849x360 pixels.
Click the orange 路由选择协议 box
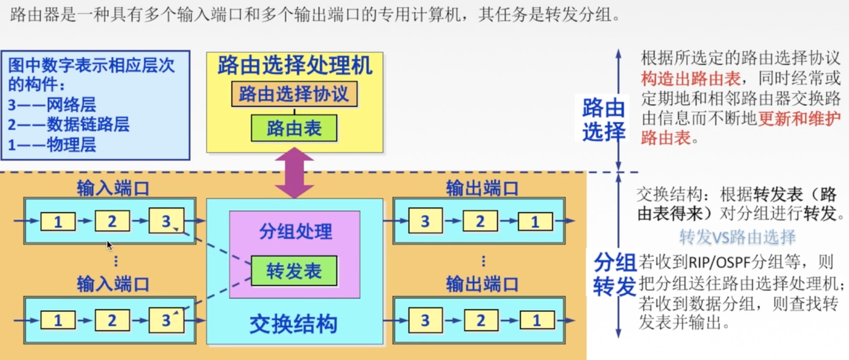(294, 94)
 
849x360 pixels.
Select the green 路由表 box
(294, 128)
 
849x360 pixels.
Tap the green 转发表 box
(294, 271)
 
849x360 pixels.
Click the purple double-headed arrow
(294, 173)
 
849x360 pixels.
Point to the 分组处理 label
(295, 232)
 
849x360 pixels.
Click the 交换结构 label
(293, 324)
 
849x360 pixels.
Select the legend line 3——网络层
(52, 104)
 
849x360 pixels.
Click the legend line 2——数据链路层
(68, 124)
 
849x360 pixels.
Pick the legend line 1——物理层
(52, 145)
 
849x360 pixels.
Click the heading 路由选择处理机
(295, 66)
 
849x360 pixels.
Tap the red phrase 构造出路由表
(691, 79)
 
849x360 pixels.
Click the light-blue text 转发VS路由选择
(737, 236)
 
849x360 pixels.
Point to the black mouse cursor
(110, 245)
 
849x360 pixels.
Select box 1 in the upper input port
(58, 222)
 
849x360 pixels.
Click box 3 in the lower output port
(425, 320)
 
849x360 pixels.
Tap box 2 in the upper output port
(480, 222)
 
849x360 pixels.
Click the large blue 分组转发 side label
(614, 275)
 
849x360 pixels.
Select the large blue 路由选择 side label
(603, 120)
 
